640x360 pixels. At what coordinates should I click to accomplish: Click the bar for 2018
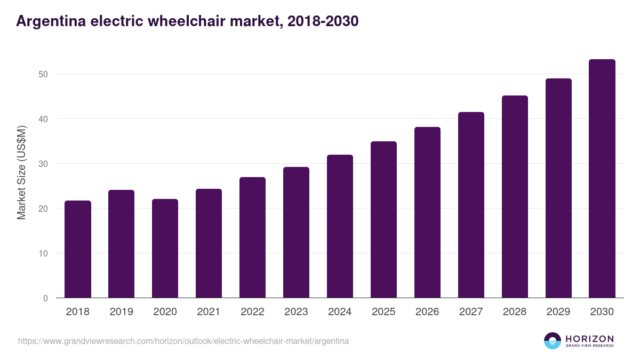[78, 249]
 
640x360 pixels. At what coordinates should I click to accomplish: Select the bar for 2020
[165, 249]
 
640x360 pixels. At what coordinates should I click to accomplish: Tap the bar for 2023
[296, 233]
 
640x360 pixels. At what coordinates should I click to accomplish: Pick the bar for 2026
[427, 212]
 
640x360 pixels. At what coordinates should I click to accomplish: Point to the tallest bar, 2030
[602, 179]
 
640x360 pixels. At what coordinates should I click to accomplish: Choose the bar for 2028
[515, 197]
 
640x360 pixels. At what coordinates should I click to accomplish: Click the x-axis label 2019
[122, 312]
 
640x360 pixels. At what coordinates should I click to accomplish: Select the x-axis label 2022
[253, 312]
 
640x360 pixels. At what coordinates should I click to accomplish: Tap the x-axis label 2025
[383, 312]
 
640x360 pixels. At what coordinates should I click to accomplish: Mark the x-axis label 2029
[558, 312]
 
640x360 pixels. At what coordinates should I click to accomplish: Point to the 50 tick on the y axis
[43, 74]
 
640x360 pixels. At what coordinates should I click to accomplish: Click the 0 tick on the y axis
[45, 298]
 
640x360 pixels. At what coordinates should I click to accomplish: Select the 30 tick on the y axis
[43, 164]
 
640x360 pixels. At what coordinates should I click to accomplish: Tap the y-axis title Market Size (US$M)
[21, 172]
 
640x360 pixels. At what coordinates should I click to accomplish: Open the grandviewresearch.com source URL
[183, 341]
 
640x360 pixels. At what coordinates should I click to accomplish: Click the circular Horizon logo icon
[553, 341]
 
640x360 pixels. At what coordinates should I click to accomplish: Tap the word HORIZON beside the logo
[589, 338]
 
